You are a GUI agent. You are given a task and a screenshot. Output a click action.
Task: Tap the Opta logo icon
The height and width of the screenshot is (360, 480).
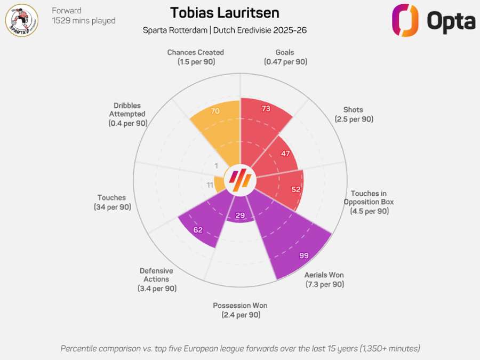tap(404, 20)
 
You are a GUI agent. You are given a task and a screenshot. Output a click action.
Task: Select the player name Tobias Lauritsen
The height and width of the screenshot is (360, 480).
tap(225, 13)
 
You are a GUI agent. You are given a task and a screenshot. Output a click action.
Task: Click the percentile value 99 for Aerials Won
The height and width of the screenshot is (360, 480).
tap(304, 256)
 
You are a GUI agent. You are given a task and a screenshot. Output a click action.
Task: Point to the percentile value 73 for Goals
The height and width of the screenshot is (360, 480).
tap(266, 109)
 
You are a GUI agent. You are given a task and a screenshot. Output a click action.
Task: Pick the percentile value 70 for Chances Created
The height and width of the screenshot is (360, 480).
tap(215, 111)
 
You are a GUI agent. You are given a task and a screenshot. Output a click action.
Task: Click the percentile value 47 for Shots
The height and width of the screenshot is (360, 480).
tap(285, 154)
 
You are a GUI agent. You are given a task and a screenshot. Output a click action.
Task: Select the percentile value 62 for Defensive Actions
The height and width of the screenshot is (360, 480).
tap(198, 230)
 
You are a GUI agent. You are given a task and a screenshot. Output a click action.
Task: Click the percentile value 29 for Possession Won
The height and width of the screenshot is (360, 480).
tap(240, 215)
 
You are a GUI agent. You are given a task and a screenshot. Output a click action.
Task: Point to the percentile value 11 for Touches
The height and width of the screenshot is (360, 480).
tap(210, 185)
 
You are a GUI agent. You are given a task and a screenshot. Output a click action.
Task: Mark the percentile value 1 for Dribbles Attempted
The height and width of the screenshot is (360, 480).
tap(216, 165)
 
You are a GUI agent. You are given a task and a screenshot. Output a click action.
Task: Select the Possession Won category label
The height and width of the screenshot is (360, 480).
tap(240, 310)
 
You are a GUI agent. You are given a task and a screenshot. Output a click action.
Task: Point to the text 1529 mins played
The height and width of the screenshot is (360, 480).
tap(83, 21)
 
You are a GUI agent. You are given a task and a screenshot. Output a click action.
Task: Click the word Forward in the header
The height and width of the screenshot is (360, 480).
tap(67, 11)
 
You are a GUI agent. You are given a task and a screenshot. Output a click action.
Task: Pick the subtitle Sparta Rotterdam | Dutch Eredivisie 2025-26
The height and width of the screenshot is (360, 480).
tap(225, 30)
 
